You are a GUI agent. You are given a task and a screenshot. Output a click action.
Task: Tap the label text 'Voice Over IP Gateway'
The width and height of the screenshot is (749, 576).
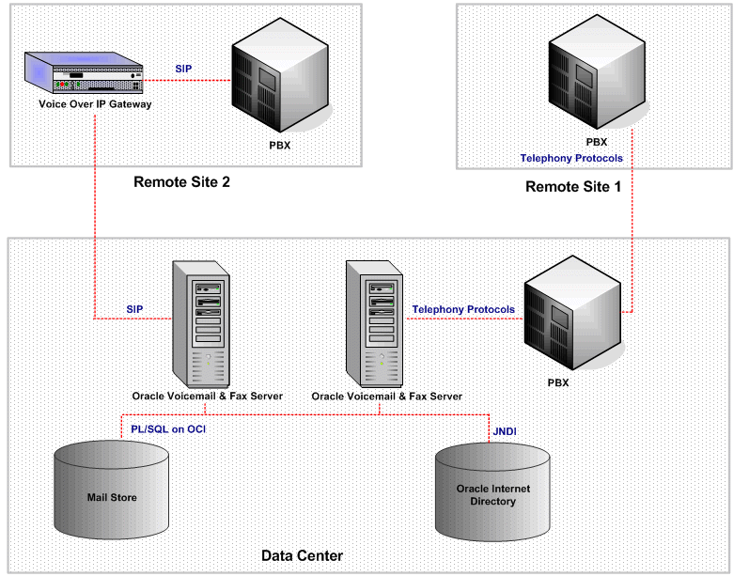[95, 104]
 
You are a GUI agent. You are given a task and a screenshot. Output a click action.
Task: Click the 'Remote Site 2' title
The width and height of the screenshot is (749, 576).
[181, 182]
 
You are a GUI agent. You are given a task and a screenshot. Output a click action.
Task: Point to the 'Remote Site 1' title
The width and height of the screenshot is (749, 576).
[572, 186]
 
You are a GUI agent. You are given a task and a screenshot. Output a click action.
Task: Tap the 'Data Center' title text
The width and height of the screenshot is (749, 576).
[302, 556]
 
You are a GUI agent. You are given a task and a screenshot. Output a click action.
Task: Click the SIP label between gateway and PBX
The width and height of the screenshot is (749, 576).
[185, 69]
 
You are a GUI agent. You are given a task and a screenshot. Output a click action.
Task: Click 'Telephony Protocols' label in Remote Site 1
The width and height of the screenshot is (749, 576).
[571, 158]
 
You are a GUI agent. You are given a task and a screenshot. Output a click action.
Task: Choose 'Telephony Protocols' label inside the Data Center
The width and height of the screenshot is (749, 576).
[463, 309]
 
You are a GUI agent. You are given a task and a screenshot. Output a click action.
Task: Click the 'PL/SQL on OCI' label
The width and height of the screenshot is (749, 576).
[168, 428]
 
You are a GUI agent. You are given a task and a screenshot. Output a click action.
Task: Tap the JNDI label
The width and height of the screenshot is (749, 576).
[506, 430]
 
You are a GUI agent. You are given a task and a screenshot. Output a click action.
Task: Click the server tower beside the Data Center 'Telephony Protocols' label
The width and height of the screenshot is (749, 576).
[375, 319]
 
